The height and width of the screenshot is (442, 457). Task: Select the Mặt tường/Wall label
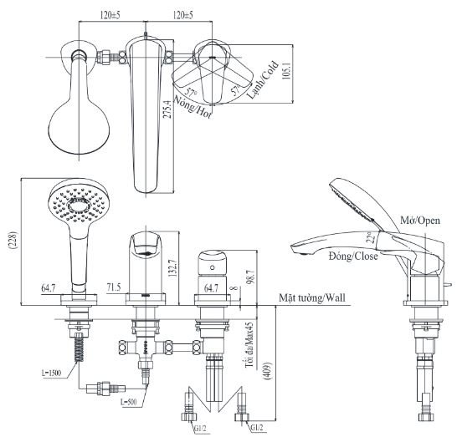coord(314,297)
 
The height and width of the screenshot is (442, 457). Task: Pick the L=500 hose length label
coord(129,402)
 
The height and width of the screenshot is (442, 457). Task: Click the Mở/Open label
coord(418,221)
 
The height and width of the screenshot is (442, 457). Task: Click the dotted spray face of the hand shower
coord(74,202)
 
